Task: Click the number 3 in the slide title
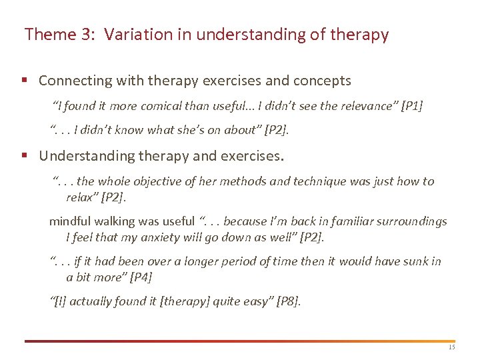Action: [x=85, y=35]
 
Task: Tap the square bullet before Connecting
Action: [x=24, y=81]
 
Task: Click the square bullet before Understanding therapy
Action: [x=24, y=157]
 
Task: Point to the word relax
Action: [x=80, y=197]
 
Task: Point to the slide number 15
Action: [x=451, y=347]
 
